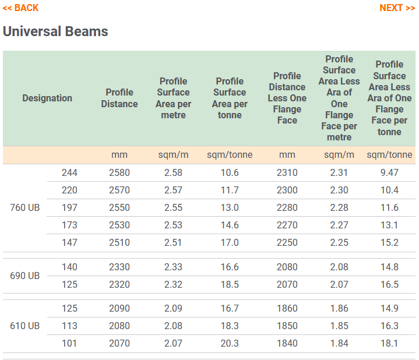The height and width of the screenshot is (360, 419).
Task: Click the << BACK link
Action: [20, 8]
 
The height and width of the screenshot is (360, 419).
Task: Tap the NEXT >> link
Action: [397, 8]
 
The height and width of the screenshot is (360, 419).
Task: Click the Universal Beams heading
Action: [55, 31]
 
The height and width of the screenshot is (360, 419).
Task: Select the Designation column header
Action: [47, 98]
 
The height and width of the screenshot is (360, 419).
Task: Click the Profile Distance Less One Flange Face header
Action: [287, 98]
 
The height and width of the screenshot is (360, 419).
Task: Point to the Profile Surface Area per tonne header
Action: [230, 98]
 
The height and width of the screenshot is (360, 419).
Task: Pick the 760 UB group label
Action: [25, 208]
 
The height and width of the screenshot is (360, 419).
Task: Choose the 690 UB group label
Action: [25, 276]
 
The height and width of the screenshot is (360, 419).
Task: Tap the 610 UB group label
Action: [25, 326]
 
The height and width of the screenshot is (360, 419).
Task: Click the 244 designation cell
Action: [69, 173]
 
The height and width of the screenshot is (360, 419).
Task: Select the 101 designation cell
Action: [69, 344]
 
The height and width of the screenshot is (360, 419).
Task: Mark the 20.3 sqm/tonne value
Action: [230, 344]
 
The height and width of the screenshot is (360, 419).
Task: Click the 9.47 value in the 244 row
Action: [389, 173]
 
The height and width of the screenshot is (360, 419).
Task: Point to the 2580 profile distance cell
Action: [119, 173]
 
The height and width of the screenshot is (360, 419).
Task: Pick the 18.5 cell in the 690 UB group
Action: [230, 285]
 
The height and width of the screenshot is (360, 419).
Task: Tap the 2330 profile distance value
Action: [119, 267]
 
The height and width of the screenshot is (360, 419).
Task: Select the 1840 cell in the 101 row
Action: [287, 344]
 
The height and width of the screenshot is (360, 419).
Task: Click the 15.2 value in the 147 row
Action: [389, 243]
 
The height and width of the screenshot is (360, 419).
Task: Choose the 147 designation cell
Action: [69, 243]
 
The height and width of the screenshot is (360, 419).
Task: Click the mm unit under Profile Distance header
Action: [119, 155]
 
